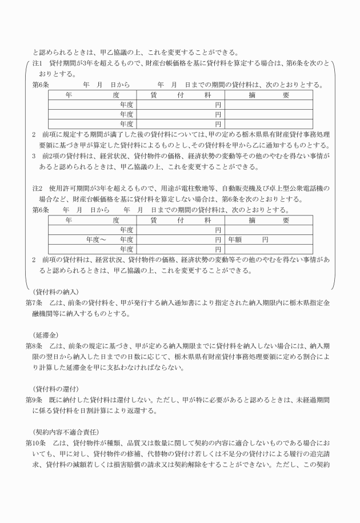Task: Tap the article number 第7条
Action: pos(35,301)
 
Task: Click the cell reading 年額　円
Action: pos(249,239)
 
